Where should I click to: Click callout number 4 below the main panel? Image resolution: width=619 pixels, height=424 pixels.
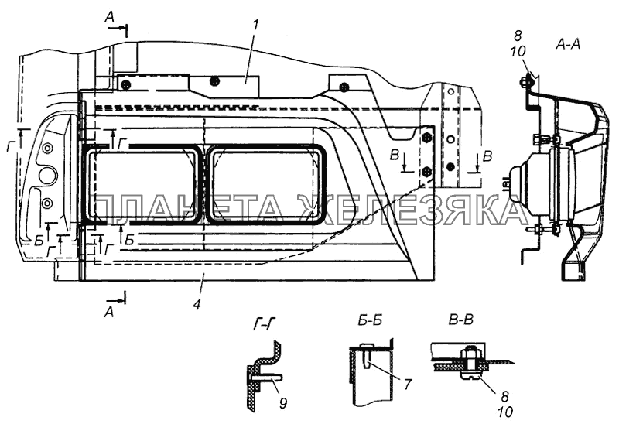click(197, 304)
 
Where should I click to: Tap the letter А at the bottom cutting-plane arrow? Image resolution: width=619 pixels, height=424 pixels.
click(109, 311)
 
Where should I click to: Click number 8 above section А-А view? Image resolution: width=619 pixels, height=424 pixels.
click(518, 36)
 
